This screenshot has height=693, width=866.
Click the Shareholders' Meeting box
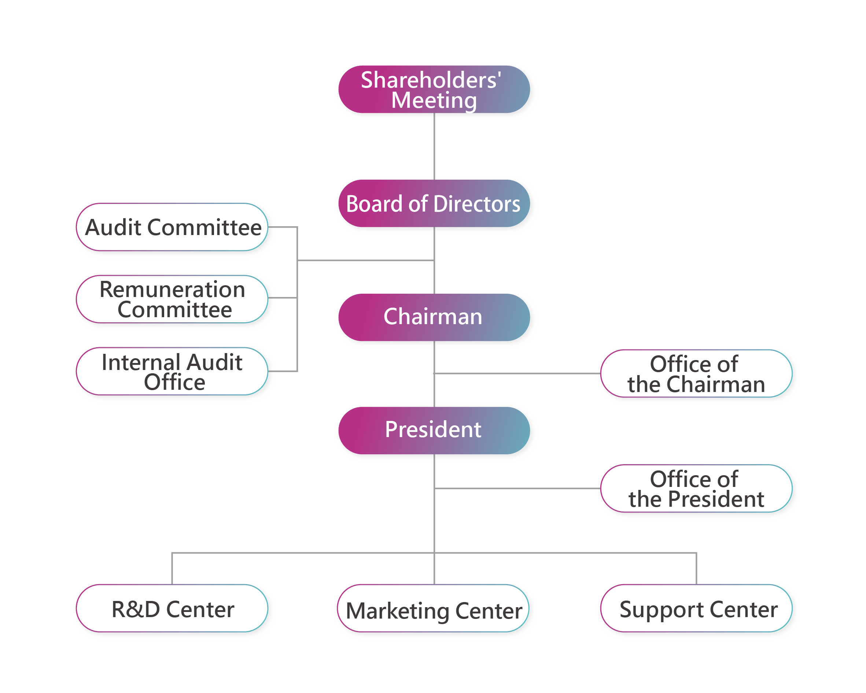point(434,89)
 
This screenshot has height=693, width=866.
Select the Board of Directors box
point(434,203)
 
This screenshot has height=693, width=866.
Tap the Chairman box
point(434,317)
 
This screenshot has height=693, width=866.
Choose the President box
point(434,430)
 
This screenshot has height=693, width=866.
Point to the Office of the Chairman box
point(696,373)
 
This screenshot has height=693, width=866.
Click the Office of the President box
point(696,488)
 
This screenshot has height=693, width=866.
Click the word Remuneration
point(172,289)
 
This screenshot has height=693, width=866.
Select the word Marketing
point(397,611)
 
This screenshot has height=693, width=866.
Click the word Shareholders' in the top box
point(431,80)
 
